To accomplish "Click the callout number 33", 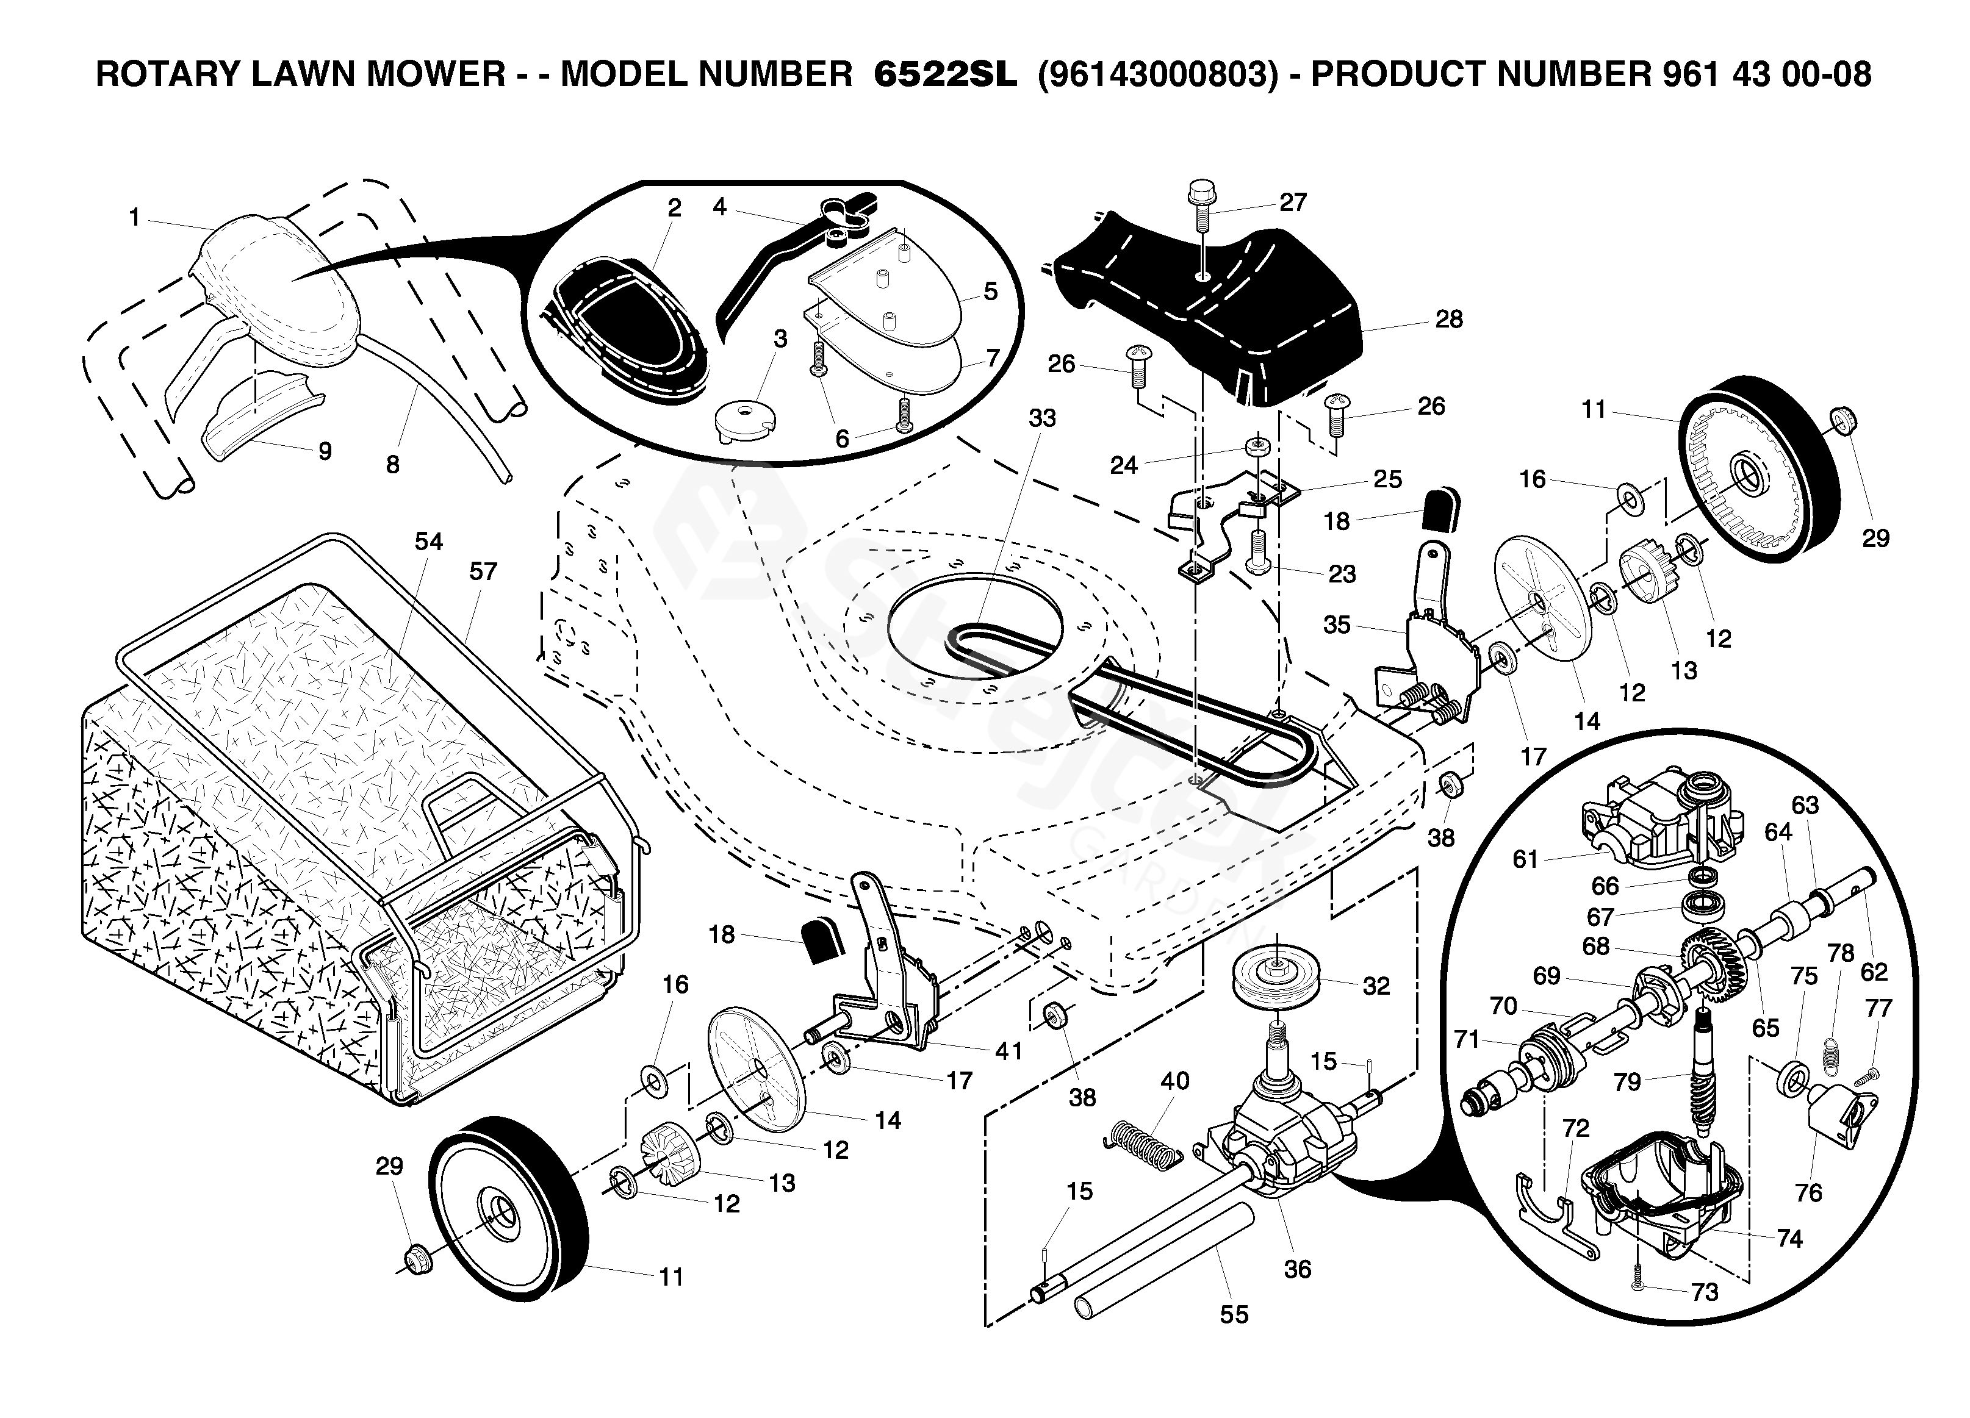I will pos(1042,418).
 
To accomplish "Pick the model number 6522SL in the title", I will pos(944,74).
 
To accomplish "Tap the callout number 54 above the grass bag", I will pos(428,542).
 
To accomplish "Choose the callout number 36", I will pos(1297,1270).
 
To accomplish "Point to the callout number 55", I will pos(1234,1315).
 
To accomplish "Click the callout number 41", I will pos(1008,1051).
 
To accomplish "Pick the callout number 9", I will pos(325,451).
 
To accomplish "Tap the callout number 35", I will pos(1337,625).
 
